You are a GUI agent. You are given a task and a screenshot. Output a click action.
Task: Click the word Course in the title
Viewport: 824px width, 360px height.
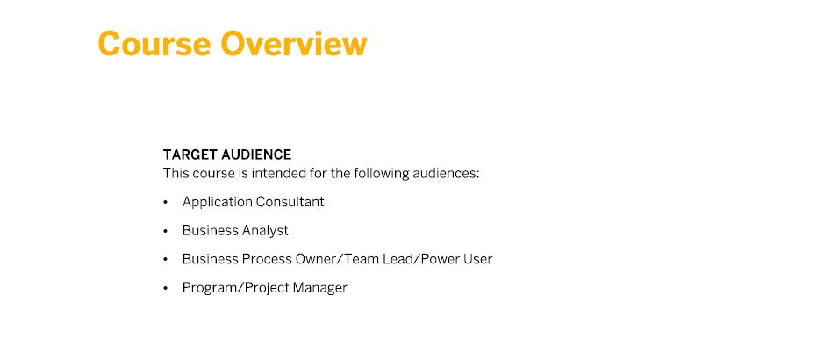point(154,44)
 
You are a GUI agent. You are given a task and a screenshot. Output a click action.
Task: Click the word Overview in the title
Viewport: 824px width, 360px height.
point(294,44)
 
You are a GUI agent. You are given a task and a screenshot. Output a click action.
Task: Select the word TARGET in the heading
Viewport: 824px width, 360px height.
point(190,155)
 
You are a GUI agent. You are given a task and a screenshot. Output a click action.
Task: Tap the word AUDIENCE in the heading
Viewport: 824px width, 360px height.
point(256,155)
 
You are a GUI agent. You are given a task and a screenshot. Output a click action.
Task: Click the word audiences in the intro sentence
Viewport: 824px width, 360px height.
point(446,173)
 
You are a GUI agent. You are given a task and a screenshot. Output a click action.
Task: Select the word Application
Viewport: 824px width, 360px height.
point(217,202)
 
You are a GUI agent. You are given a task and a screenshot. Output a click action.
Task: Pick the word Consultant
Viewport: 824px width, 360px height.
point(290,202)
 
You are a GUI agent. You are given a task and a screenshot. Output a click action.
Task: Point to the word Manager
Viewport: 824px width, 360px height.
point(320,288)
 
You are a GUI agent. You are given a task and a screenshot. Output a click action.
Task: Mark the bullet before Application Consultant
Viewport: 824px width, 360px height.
point(166,202)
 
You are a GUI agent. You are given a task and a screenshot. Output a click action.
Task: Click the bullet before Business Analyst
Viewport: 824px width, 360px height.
point(166,231)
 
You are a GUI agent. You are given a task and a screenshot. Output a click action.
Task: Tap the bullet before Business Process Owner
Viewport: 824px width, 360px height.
point(166,259)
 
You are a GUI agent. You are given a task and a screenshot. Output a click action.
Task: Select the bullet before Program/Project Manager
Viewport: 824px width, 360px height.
point(166,288)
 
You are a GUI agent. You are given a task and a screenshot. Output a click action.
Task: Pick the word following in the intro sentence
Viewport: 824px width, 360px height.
point(381,173)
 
